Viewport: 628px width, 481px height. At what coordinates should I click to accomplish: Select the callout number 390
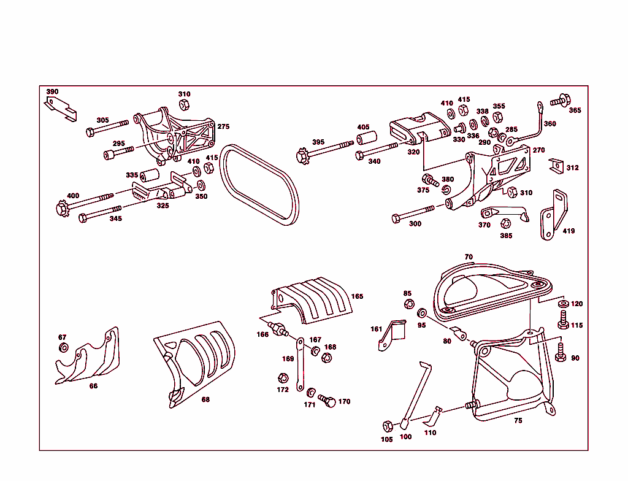(53, 92)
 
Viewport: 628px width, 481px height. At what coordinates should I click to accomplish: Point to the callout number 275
(223, 126)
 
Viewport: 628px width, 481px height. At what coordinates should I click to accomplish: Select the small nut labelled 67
(64, 348)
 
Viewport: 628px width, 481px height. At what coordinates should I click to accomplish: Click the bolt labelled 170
(328, 401)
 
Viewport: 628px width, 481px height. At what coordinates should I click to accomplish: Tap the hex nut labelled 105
(387, 426)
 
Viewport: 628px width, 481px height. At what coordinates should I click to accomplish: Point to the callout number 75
(518, 421)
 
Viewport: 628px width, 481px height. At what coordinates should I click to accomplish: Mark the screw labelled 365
(561, 100)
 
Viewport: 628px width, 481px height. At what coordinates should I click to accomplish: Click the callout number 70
(469, 257)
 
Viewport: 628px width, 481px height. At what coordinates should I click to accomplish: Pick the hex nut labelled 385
(506, 224)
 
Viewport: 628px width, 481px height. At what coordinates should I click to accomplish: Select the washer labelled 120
(562, 304)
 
